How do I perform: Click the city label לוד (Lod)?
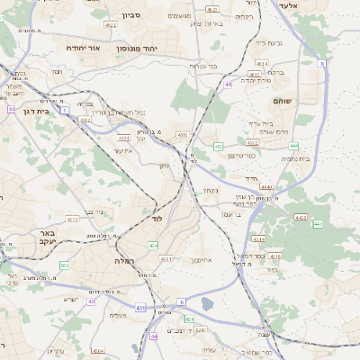click(x=157, y=219)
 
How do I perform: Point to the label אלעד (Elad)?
click(x=313, y=5)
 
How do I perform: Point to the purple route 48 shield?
click(x=229, y=84)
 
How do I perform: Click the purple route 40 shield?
click(x=91, y=301)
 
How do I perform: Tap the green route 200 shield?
click(x=64, y=265)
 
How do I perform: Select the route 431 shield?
click(x=139, y=308)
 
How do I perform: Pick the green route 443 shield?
click(x=301, y=218)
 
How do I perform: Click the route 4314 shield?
click(x=258, y=239)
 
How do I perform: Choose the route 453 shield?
click(x=218, y=146)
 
